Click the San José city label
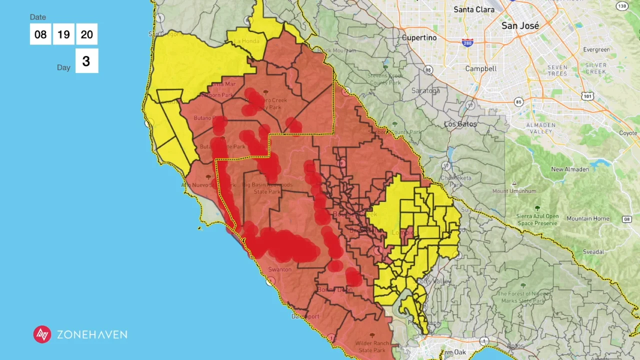[x=520, y=25]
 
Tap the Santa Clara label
[x=474, y=9]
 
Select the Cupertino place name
[x=419, y=37]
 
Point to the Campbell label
[x=480, y=68]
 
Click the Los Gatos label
[x=460, y=123]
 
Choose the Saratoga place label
[x=425, y=91]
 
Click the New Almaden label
[x=570, y=169]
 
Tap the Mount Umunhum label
[x=514, y=191]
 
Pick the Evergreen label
[x=596, y=49]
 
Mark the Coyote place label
[x=628, y=133]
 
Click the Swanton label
[x=279, y=269]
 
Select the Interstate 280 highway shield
[x=467, y=43]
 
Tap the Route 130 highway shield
[x=621, y=6]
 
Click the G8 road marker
[x=626, y=219]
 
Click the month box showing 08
[x=40, y=34]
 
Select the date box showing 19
[x=63, y=34]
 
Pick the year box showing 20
[x=86, y=34]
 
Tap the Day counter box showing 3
[x=86, y=61]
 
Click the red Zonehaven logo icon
[x=42, y=334]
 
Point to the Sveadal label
[x=593, y=252]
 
